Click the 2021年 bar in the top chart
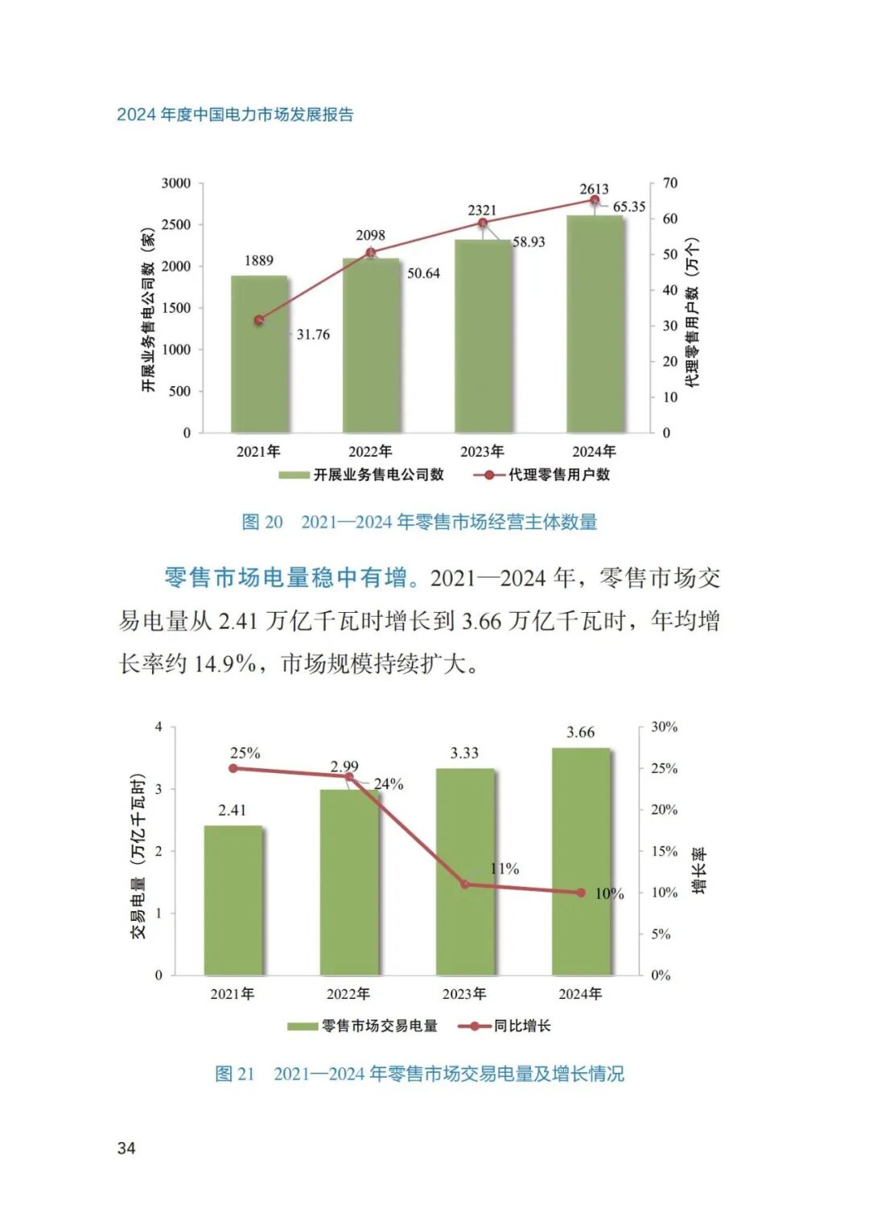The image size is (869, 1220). [259, 354]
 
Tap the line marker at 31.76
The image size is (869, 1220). [259, 320]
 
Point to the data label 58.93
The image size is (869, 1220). [529, 242]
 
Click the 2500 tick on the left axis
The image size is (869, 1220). [176, 225]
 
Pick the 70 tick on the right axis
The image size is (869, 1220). [669, 183]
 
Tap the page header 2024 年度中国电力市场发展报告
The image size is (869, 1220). [235, 114]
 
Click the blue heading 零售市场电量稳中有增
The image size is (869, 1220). [286, 577]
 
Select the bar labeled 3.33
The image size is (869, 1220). [465, 872]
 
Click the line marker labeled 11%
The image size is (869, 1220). [465, 884]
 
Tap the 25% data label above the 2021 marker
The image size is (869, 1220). [245, 754]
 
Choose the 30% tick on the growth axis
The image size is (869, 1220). [664, 727]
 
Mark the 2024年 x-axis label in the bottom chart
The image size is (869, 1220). [580, 994]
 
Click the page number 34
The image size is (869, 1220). [126, 1148]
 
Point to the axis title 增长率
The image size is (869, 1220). [699, 870]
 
